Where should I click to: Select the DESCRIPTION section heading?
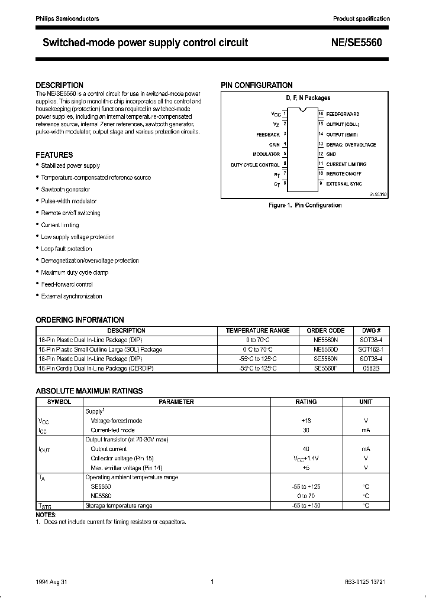coord(59,85)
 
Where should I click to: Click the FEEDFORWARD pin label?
coord(343,114)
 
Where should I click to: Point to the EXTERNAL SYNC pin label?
coord(344,184)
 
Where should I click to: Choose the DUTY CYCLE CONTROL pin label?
coord(254,164)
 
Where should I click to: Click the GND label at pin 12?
coord(331,154)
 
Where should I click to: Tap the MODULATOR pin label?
coord(266,154)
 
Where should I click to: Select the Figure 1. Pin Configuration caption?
coord(305,205)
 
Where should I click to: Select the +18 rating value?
coord(306,421)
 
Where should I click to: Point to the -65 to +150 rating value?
coord(306,505)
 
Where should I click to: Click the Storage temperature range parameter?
coord(119,505)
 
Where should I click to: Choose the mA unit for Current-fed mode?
coord(366,430)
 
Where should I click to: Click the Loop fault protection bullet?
coord(66,249)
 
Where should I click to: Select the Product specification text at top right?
coord(361,19)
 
